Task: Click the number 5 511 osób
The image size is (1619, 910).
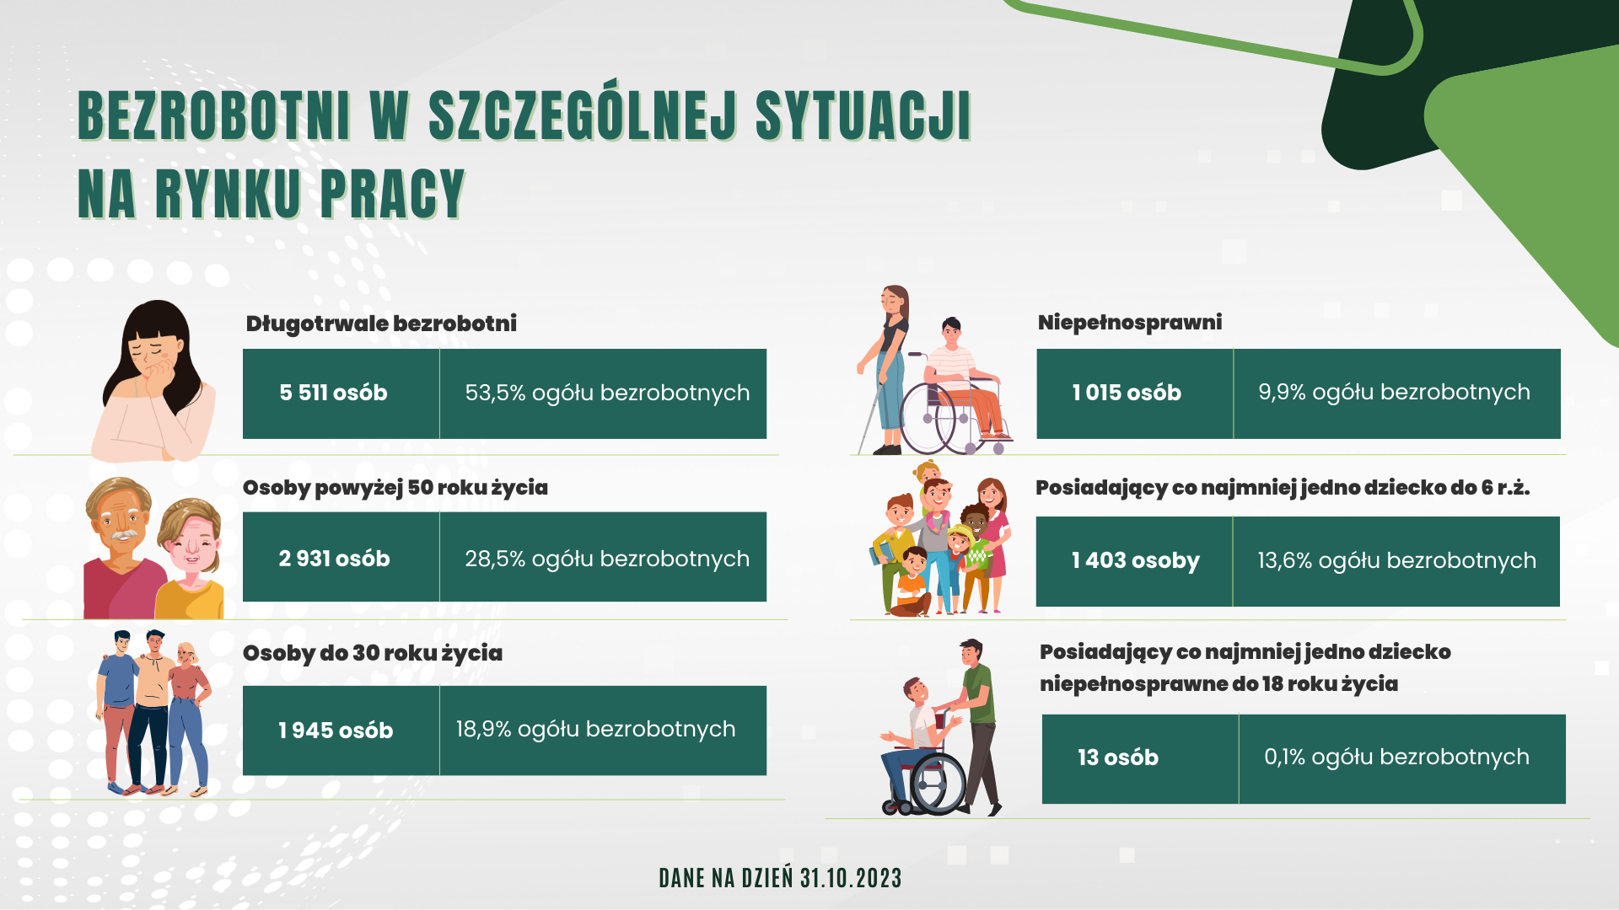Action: pyautogui.click(x=333, y=393)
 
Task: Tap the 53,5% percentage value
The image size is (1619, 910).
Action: pyautogui.click(x=495, y=393)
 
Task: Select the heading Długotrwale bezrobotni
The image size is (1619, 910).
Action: pyautogui.click(x=381, y=324)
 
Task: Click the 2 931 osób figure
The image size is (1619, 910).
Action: pyautogui.click(x=334, y=559)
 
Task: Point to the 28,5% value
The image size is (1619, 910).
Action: pyautogui.click(x=495, y=559)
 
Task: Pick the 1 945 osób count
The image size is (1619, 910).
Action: pyautogui.click(x=336, y=731)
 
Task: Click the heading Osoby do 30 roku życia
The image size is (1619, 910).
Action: pyautogui.click(x=373, y=653)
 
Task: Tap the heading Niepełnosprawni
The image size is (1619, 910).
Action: pyautogui.click(x=1130, y=323)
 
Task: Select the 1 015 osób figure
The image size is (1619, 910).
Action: pyautogui.click(x=1127, y=393)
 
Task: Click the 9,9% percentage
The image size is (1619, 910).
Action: pyautogui.click(x=1282, y=392)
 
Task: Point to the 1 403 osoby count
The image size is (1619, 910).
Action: pyautogui.click(x=1135, y=560)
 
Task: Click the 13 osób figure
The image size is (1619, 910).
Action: pyautogui.click(x=1118, y=757)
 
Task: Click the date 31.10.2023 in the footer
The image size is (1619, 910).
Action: pyautogui.click(x=851, y=878)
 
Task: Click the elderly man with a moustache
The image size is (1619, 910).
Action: pyautogui.click(x=122, y=548)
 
